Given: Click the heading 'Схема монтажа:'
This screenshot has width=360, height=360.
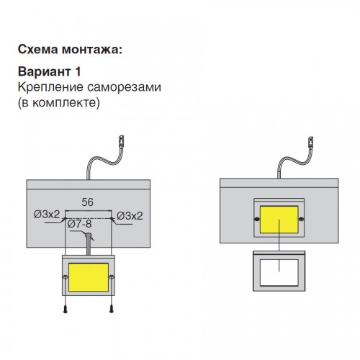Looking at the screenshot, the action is point(70,50).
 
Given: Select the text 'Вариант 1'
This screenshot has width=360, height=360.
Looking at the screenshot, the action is point(50,71).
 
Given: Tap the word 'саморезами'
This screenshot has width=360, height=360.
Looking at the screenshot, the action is point(124,87).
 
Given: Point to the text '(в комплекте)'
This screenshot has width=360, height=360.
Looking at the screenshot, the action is point(59,103).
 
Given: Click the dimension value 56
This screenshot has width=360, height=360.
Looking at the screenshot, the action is point(87,202).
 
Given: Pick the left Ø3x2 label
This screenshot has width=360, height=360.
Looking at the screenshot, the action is point(47,214).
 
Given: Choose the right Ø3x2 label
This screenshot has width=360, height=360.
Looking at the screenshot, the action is point(130,216).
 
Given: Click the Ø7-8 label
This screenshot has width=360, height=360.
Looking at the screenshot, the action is point(79,224).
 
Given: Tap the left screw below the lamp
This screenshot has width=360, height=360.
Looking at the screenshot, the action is point(66,309).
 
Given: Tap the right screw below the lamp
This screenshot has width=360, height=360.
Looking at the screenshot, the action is point(112,309).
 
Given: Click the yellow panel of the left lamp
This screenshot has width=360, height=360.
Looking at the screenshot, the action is point(89,277).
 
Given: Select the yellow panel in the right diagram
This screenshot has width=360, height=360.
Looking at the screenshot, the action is point(279,220).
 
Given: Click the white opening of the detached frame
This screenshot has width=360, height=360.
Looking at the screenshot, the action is point(279,272).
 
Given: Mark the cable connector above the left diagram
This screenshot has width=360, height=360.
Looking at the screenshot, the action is point(122,141).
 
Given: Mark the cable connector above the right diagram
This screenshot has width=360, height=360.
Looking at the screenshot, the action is point(310,142).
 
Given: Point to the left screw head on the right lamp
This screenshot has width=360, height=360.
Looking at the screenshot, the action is point(257,219).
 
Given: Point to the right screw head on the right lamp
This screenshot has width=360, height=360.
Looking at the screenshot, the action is point(302,219).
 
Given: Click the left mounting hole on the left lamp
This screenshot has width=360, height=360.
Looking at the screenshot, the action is point(66,277).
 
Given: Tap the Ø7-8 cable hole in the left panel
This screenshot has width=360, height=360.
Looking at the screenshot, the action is point(88,235).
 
